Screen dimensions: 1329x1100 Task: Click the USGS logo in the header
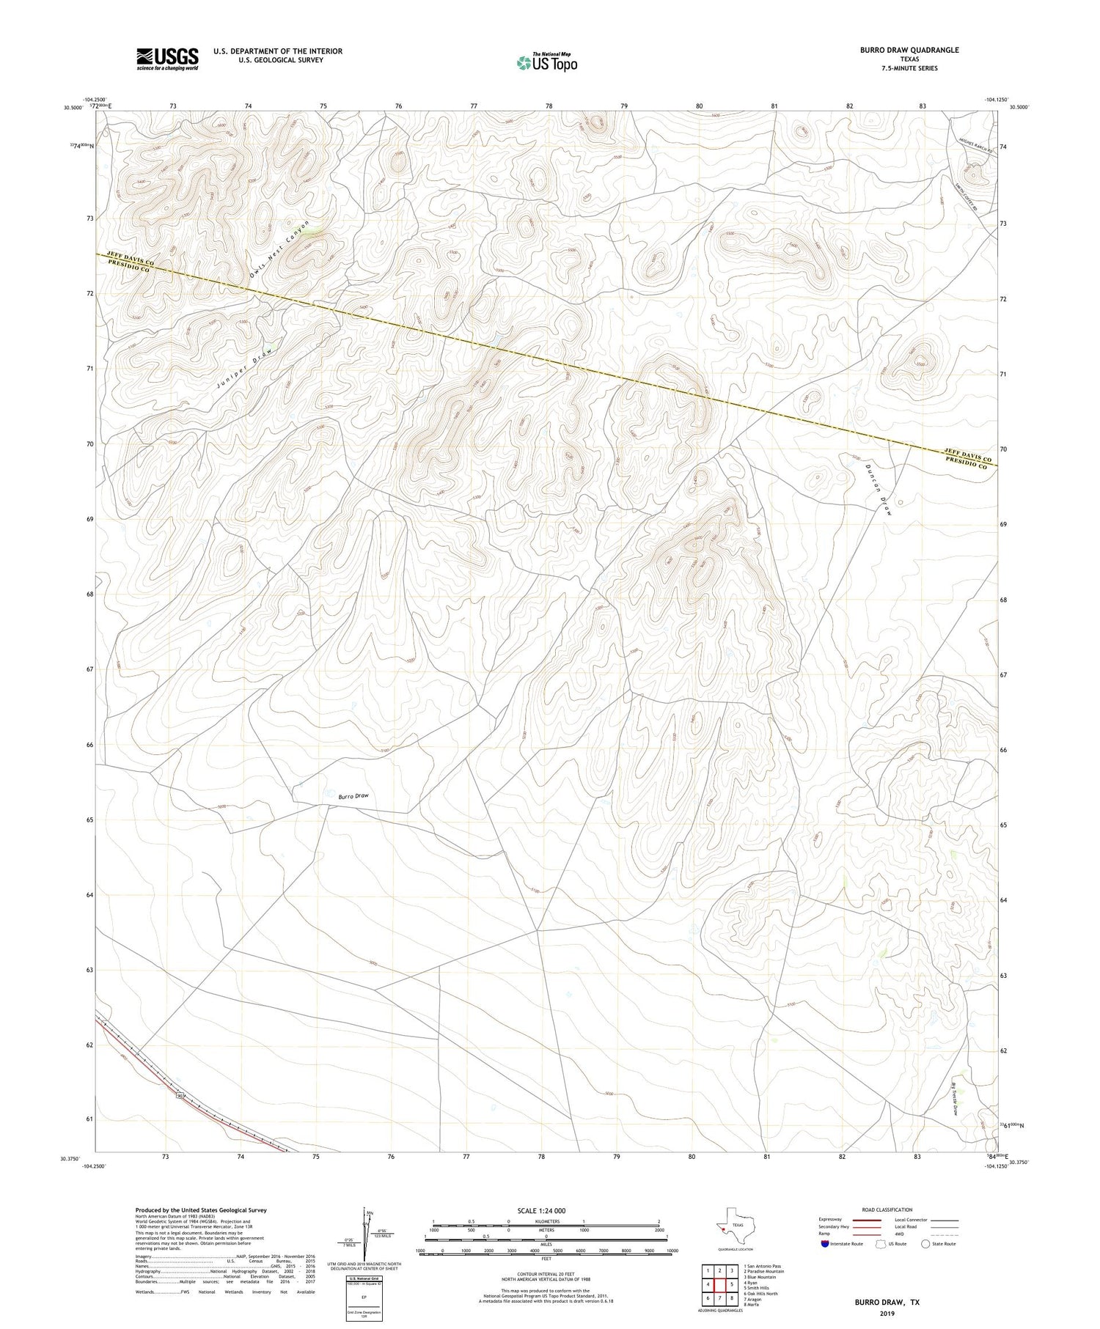(x=167, y=59)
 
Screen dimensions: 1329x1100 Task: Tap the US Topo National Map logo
(x=546, y=63)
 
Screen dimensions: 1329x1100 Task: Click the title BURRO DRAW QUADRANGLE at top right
(x=909, y=50)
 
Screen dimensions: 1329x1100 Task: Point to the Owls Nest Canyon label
(x=279, y=249)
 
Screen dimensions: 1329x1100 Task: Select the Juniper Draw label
(x=244, y=367)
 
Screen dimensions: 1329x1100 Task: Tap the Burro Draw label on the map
(x=353, y=795)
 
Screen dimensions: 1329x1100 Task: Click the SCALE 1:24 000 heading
(x=541, y=1210)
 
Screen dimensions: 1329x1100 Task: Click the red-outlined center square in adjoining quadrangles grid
(x=720, y=1284)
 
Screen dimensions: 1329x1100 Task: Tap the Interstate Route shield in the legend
(x=825, y=1244)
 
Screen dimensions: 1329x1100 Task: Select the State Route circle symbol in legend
(x=925, y=1244)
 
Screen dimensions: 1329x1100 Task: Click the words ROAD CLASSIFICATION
(x=887, y=1210)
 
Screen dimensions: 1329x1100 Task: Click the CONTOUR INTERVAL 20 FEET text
(x=546, y=1274)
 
